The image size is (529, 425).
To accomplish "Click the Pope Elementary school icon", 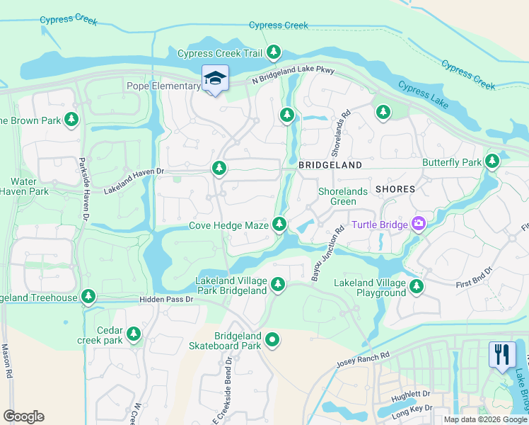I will [x=215, y=78].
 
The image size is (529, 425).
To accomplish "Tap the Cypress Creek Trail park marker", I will [x=274, y=52].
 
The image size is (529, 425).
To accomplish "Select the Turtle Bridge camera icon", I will [x=419, y=225].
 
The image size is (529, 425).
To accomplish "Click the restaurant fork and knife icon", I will [x=502, y=354].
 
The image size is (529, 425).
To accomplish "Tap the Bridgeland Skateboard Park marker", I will [x=272, y=341].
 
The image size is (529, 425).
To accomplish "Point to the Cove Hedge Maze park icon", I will [x=279, y=225].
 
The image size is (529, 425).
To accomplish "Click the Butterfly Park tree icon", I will [x=492, y=161].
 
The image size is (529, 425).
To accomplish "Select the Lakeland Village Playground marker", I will [x=417, y=287].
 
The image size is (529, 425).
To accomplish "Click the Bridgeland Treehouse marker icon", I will [x=88, y=296].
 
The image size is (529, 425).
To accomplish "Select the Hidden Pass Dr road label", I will [x=165, y=300].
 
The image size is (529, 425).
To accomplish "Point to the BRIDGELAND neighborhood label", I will [x=330, y=165].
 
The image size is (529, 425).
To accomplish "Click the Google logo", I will [x=23, y=416].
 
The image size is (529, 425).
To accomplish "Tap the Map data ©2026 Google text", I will [x=485, y=419].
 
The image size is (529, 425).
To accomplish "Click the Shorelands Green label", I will [x=337, y=196].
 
